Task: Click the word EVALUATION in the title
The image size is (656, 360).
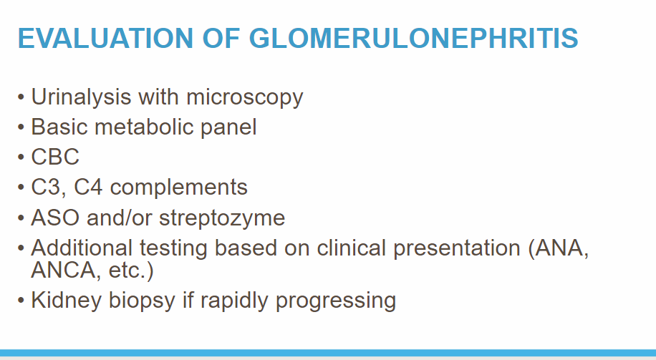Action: point(105,38)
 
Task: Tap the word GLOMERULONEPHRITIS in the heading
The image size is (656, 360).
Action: point(414,38)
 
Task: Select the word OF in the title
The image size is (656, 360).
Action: point(221,38)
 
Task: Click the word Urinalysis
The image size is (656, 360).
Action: point(81,97)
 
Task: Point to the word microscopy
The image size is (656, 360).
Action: point(245,98)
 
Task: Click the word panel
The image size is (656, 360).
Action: point(228,128)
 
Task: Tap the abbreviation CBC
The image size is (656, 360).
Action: point(55,157)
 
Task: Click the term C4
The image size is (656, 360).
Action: point(88,188)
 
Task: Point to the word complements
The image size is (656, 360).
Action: point(178,188)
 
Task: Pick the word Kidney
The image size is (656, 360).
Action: point(67,301)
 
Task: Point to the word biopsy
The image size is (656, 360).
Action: point(142,301)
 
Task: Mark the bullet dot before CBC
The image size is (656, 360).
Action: point(21,157)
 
